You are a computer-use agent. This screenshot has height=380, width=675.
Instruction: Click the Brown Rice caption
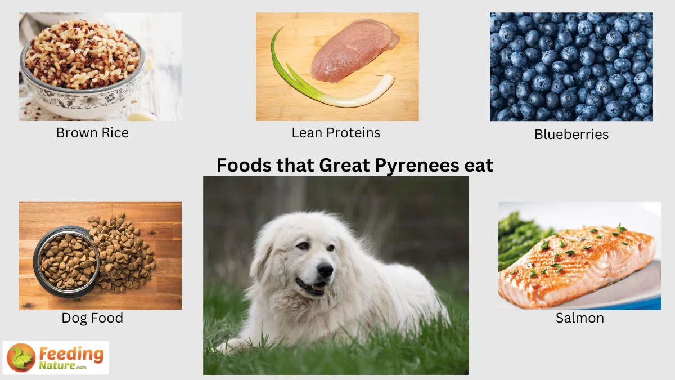[92, 133]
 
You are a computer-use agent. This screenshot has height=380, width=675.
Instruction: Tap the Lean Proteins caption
[336, 133]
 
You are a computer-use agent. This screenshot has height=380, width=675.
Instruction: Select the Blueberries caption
[571, 135]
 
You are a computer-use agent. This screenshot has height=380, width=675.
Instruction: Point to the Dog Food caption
[92, 318]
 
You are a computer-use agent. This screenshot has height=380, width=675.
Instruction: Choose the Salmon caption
[579, 318]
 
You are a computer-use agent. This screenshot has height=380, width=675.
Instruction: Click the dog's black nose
[325, 270]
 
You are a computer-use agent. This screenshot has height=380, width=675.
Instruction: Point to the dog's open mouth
[311, 287]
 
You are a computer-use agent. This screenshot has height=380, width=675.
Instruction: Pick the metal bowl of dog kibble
[66, 260]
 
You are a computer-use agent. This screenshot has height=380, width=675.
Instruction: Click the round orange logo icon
[21, 357]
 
